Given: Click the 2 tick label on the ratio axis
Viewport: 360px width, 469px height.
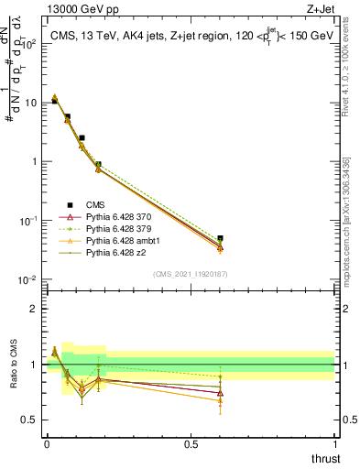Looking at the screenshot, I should (x=35, y=309).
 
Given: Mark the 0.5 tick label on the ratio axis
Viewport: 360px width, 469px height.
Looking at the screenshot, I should (x=30, y=420).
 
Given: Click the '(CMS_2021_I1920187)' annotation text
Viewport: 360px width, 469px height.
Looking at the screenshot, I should (x=191, y=273).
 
